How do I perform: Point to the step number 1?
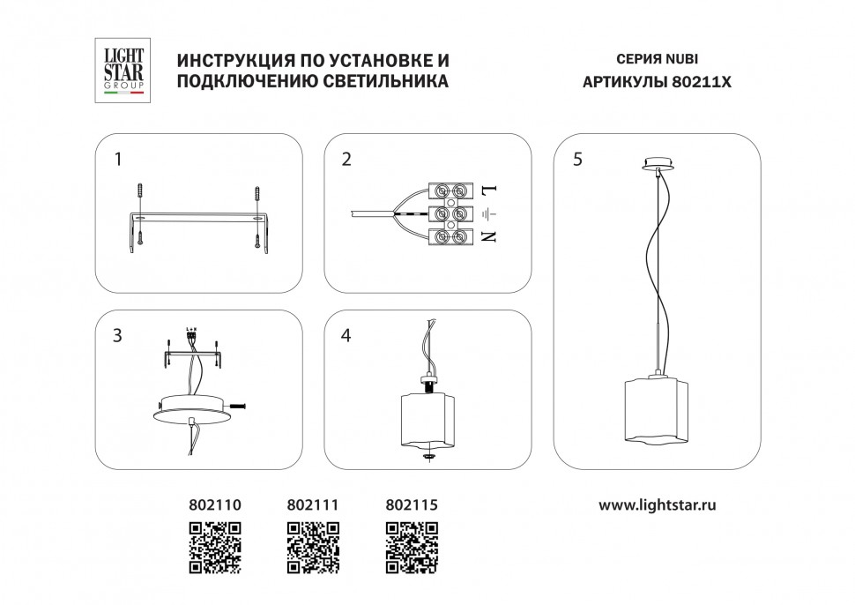click(118, 160)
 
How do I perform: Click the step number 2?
click(346, 160)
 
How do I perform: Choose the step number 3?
click(118, 336)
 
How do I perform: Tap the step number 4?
click(346, 336)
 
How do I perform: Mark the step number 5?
click(577, 160)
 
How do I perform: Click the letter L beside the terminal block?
click(489, 190)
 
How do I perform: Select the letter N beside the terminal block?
click(489, 235)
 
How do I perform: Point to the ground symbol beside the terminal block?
click(489, 213)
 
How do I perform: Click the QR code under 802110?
click(215, 547)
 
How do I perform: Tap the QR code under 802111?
click(314, 547)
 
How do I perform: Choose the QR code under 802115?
click(413, 547)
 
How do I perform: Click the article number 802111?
click(314, 505)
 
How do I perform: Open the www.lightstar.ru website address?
click(657, 505)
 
